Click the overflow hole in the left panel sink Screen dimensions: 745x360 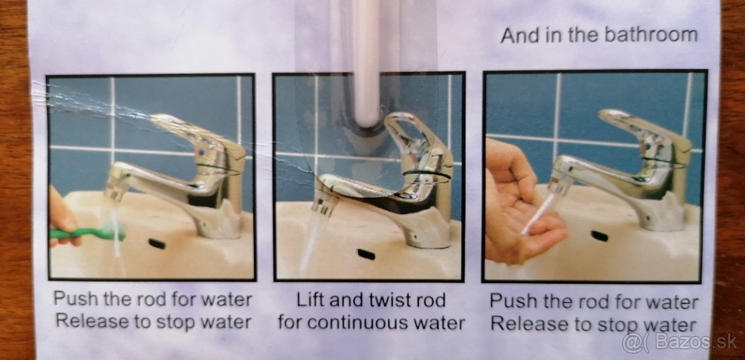pos(157,244)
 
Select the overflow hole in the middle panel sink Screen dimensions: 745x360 pos(366,254)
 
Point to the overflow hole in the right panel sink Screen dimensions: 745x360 pos(600,236)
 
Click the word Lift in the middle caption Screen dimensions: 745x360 pos(310,300)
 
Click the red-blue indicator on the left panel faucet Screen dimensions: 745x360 pos(201,153)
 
